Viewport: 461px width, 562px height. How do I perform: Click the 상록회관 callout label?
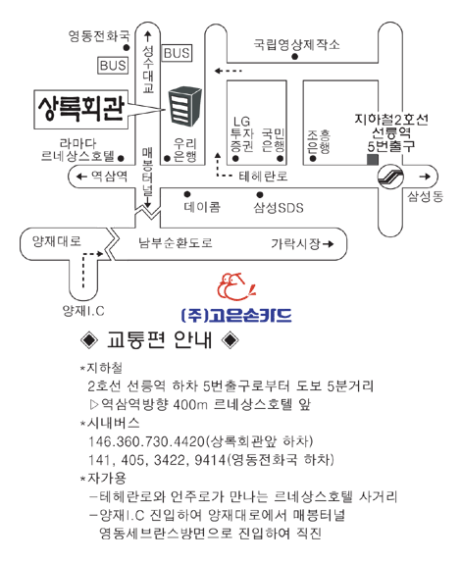click(81, 109)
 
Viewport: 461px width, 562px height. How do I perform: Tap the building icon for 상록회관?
click(185, 106)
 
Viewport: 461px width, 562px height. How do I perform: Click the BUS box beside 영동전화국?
click(113, 66)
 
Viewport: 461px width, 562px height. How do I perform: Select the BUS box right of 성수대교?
click(177, 53)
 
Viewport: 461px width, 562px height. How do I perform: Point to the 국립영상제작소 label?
click(296, 44)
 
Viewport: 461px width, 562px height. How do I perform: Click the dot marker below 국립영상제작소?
click(294, 57)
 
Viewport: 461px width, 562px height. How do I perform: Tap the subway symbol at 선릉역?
click(390, 176)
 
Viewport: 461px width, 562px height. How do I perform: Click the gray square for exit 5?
click(373, 160)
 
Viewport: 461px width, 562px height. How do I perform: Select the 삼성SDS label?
click(279, 208)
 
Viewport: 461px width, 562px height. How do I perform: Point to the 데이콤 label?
click(202, 207)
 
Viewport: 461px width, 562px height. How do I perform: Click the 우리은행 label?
click(185, 150)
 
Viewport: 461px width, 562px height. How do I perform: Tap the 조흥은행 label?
click(319, 141)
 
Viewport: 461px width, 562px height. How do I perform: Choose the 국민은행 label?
click(273, 140)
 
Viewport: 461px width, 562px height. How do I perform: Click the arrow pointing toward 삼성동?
click(425, 177)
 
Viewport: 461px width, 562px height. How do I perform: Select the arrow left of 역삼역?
click(82, 176)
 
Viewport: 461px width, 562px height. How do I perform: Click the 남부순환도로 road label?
click(176, 242)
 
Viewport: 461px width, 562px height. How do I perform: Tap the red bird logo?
click(236, 286)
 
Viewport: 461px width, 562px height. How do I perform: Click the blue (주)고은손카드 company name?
click(236, 315)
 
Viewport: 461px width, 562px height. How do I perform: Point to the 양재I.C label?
click(83, 310)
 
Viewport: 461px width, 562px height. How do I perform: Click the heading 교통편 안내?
click(160, 339)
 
